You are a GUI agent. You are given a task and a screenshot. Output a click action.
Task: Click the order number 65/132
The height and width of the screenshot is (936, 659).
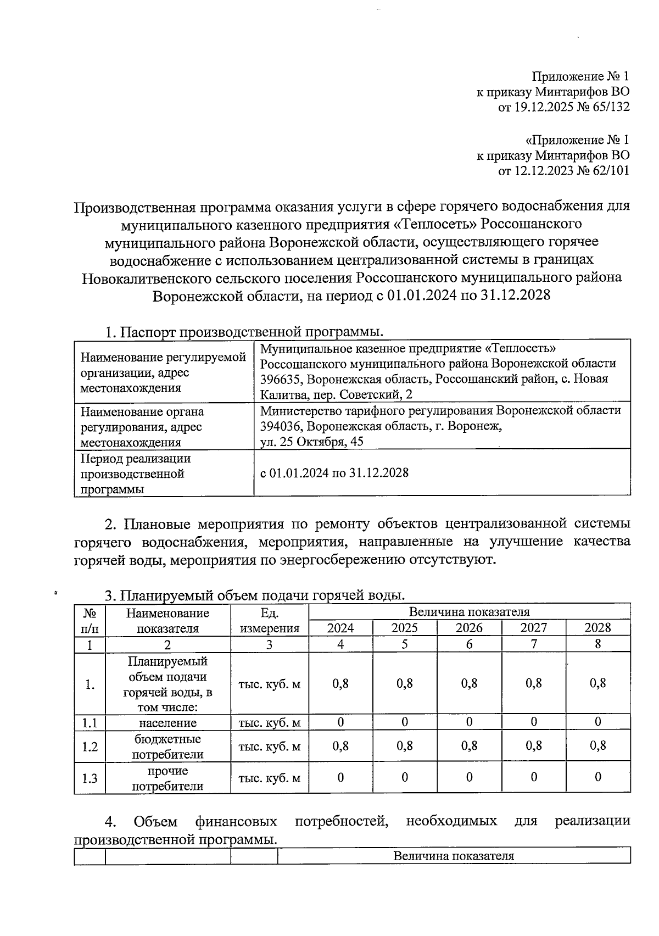pos(608,107)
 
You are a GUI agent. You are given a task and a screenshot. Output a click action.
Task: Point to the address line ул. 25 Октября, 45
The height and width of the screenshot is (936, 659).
pos(311,442)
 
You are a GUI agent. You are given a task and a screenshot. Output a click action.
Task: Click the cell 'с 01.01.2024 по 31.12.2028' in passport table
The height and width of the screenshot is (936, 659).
pos(334,473)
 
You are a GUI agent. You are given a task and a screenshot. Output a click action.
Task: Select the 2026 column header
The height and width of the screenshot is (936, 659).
pos(469,628)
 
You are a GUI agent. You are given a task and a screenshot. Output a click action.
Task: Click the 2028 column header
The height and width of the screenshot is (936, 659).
pos(597,628)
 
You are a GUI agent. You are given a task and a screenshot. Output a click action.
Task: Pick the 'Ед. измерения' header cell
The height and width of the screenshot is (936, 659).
pos(269,621)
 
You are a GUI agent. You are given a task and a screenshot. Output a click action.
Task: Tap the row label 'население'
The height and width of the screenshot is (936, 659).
pos(167,722)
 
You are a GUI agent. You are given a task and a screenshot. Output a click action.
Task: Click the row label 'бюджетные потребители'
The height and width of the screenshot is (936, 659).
pos(167,746)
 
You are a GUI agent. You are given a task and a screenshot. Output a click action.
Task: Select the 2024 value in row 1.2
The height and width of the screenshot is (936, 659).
pos(340,746)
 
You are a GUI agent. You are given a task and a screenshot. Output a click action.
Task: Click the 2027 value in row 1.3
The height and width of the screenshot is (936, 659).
pos(533,777)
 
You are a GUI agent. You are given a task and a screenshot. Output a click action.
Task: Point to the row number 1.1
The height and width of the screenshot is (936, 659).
pos(90,723)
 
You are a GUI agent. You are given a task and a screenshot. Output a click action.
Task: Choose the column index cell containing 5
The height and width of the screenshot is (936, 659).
pos(405,644)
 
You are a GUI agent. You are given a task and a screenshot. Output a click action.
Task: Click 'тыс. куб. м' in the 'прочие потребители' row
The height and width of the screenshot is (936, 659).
pos(269,778)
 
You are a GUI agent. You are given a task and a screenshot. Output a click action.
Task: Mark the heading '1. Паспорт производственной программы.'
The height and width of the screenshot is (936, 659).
pos(244,332)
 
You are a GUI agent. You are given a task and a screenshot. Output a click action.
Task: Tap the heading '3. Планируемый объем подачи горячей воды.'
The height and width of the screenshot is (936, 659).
pos(255,595)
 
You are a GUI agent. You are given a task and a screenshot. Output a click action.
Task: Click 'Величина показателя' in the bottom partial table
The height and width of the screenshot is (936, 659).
pos(454,856)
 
